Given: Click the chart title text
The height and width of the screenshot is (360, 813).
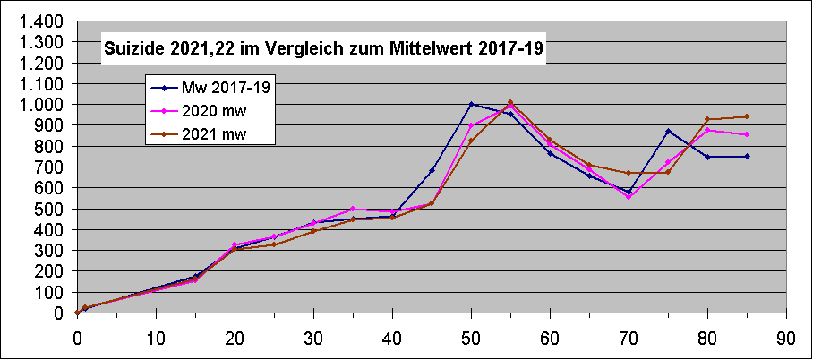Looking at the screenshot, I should tap(323, 49).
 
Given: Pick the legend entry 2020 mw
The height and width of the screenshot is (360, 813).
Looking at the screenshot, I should tap(214, 111).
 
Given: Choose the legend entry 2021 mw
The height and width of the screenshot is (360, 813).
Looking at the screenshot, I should tap(214, 134).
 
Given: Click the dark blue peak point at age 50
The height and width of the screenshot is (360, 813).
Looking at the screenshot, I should tap(471, 105).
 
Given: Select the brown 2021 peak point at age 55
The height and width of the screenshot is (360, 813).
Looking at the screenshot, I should tap(510, 102).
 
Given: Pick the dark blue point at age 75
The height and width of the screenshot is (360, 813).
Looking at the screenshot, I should tap(668, 132).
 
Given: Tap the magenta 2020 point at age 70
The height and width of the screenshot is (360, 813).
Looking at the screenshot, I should tap(629, 196).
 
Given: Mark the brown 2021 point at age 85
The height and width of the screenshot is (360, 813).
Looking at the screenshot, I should tap(747, 116).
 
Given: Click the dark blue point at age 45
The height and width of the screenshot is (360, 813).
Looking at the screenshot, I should tap(432, 170).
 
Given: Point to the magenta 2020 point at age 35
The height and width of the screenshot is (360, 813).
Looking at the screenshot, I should tap(353, 209).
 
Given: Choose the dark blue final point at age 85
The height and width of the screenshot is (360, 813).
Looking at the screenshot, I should tap(747, 156).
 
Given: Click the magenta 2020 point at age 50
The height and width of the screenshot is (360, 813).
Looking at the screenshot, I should tap(471, 125).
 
